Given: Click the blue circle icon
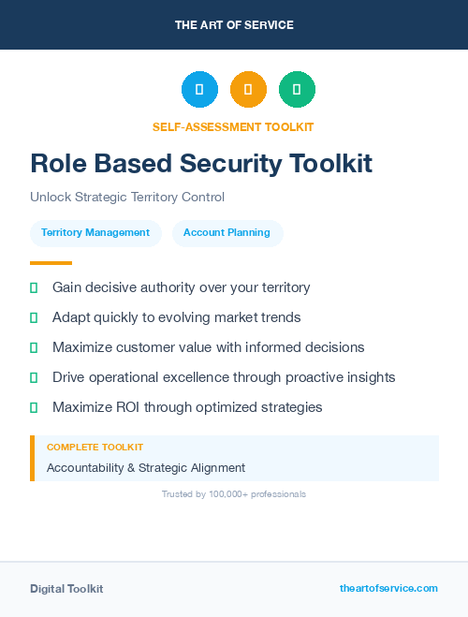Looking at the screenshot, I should click(x=199, y=90).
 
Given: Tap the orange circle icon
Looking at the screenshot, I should click(x=248, y=90).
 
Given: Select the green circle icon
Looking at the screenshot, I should click(x=297, y=90).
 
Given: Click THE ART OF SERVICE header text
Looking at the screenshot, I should click(x=234, y=25).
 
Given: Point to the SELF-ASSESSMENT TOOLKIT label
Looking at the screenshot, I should click(x=233, y=126).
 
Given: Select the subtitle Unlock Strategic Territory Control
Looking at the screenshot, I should click(x=127, y=198).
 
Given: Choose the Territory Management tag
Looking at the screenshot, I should click(x=95, y=232).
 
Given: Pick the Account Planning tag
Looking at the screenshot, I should click(x=227, y=232).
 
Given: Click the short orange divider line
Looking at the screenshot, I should click(x=51, y=263).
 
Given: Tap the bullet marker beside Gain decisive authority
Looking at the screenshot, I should click(x=34, y=287).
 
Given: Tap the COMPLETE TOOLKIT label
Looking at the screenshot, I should click(x=95, y=448).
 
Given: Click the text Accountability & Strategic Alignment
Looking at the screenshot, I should click(x=146, y=467).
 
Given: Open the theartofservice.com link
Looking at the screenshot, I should click(x=388, y=588).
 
